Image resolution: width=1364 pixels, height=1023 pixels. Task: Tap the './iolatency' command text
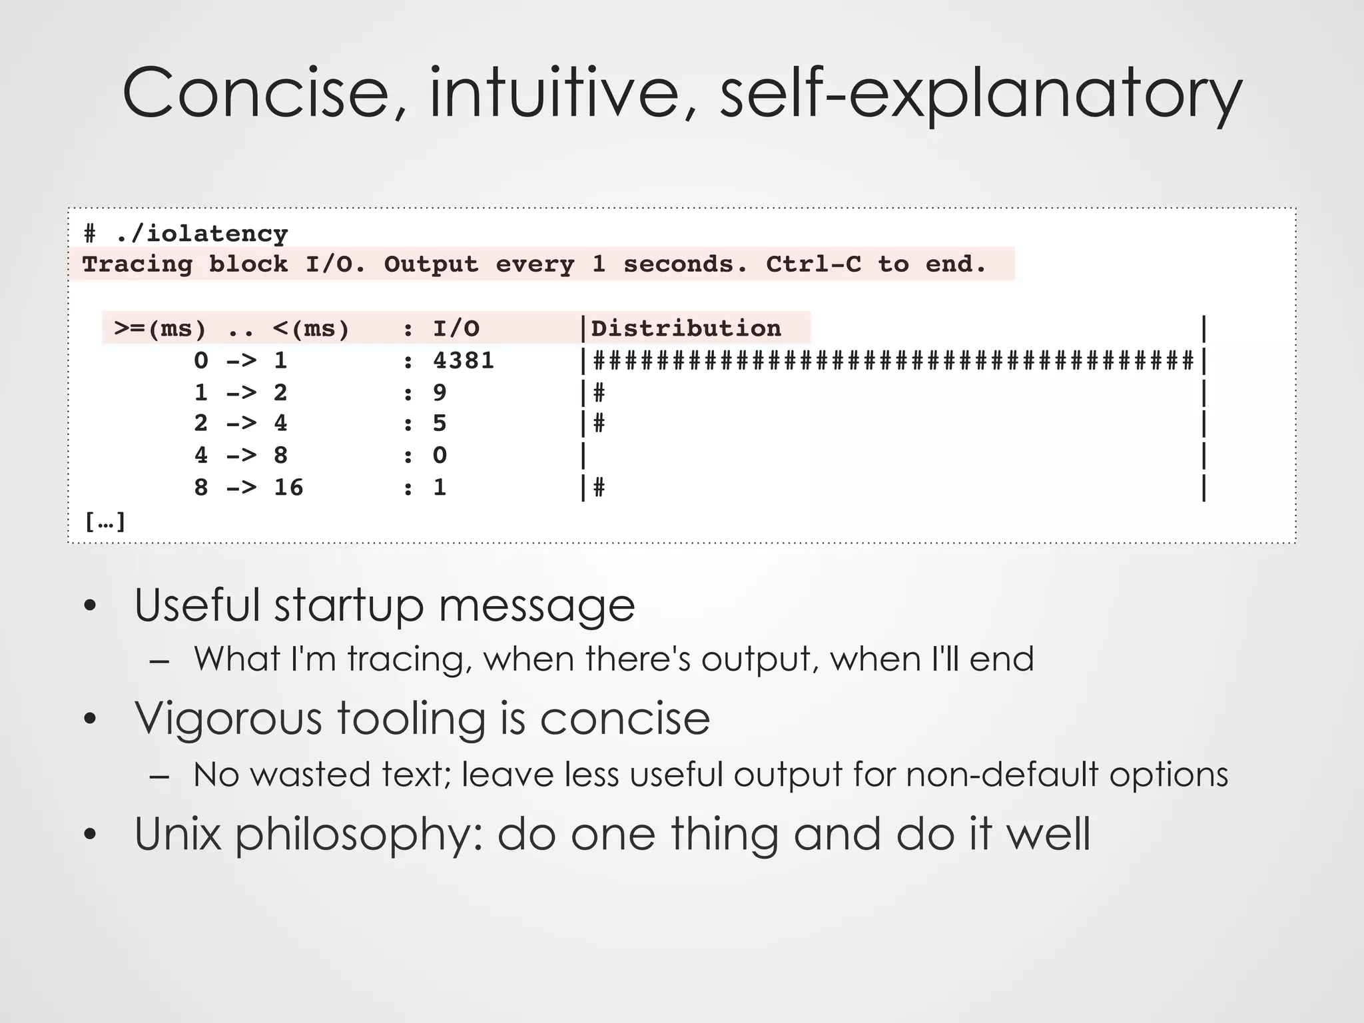[x=202, y=234]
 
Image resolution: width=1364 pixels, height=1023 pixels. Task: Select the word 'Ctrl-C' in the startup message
[x=813, y=264]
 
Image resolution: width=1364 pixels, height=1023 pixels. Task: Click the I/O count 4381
[x=464, y=361]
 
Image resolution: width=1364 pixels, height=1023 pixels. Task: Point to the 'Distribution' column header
[x=686, y=328]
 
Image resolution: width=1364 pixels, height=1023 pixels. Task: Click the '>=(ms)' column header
[x=160, y=329]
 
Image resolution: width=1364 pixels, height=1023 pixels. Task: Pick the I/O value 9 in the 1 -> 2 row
[x=440, y=393]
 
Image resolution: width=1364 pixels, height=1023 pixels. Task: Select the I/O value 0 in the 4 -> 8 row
[x=440, y=456]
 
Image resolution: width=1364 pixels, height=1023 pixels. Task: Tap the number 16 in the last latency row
[x=288, y=488]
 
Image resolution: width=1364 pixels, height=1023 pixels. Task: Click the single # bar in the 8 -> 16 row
[x=599, y=488]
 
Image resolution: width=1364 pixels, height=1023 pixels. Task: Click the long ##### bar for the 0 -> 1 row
[x=892, y=361]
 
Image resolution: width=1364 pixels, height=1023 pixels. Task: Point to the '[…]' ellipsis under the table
[x=105, y=521]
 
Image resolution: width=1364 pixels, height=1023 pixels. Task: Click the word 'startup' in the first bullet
[x=349, y=605]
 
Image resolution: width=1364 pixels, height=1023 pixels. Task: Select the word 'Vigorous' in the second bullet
[x=226, y=719]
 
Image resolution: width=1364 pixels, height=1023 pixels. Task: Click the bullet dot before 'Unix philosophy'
[x=91, y=835]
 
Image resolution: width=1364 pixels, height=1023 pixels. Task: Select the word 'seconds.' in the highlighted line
[x=685, y=264]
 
